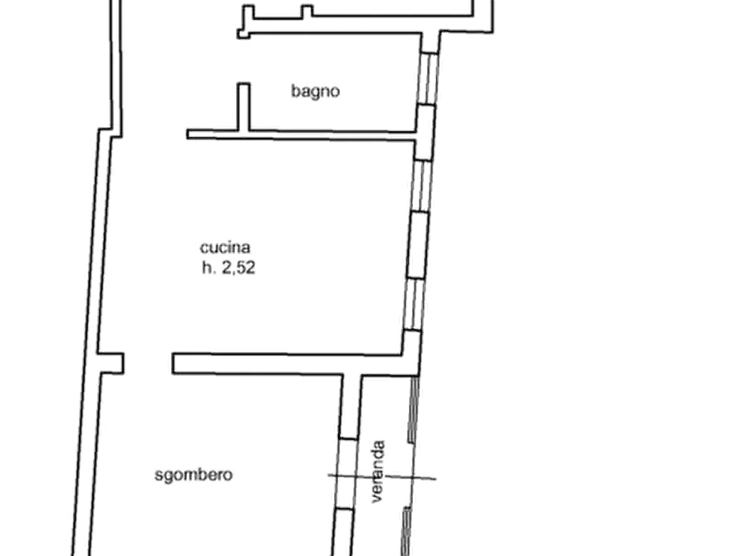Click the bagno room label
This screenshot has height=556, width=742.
click(315, 91)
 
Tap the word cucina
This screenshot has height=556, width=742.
click(225, 247)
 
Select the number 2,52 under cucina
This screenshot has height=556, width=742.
click(238, 268)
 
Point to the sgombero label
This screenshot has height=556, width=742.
click(194, 475)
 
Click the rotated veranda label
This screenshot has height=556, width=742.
click(378, 471)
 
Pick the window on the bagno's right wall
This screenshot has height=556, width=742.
click(428, 78)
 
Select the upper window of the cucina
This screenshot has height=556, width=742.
click(421, 186)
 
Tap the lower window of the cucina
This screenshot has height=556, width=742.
click(413, 304)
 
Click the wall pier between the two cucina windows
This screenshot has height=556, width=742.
click(418, 245)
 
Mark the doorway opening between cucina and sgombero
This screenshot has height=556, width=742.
click(148, 363)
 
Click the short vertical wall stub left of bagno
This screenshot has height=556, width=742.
click(243, 107)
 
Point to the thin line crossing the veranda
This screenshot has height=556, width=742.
click(382, 477)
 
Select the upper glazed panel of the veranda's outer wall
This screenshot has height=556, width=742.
click(413, 409)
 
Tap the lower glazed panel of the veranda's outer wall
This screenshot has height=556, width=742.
click(406, 531)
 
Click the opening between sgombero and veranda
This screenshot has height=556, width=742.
click(346, 474)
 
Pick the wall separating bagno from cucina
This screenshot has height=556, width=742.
click(301, 135)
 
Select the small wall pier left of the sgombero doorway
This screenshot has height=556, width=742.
click(111, 363)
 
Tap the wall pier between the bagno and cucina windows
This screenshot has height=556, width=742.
click(425, 133)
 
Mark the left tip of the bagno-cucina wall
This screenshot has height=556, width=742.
click(187, 134)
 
